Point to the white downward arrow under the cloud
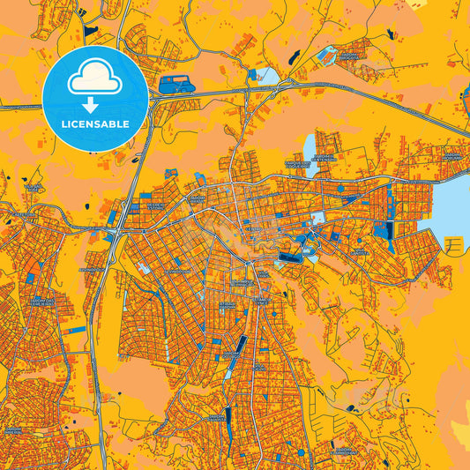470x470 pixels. tap(94, 104)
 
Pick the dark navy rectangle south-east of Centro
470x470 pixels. tap(289, 257)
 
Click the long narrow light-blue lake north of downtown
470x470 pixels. tap(310, 146)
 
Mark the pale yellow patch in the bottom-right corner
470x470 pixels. tap(459, 431)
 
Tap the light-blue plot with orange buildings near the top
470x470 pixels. tap(327, 56)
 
